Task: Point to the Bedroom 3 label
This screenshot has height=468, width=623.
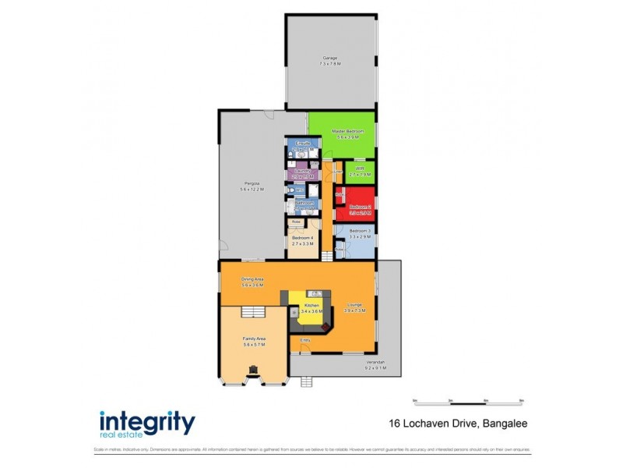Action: (358, 231)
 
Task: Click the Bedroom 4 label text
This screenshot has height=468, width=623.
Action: (302, 238)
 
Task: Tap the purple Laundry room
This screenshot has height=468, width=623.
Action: (301, 173)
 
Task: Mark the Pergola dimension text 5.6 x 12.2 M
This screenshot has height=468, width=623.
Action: (252, 190)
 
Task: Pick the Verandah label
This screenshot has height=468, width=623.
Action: (376, 362)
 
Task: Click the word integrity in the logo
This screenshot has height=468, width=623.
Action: (147, 422)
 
